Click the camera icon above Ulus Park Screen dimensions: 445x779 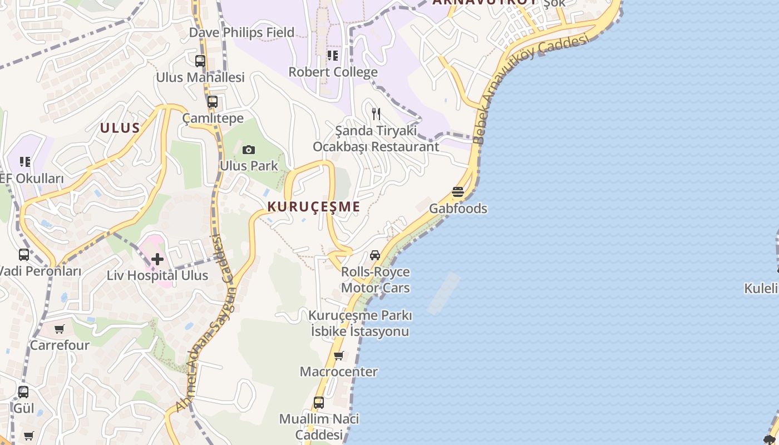[249, 150]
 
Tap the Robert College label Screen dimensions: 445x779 [333, 72]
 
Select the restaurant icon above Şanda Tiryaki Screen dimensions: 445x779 [376, 114]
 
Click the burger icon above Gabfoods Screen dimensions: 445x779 [458, 192]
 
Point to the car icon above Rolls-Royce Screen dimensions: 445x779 [375, 255]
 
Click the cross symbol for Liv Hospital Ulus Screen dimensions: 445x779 [157, 259]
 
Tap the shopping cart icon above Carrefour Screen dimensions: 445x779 [60, 329]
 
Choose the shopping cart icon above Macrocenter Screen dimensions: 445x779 [338, 355]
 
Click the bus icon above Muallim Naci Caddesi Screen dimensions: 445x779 [319, 402]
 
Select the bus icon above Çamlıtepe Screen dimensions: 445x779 [213, 102]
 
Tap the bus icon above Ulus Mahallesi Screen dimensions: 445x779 [200, 61]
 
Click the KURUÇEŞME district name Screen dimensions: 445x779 [314, 207]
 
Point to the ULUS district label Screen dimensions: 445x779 [120, 128]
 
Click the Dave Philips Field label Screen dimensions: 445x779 [241, 33]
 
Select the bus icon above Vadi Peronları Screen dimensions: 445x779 [24, 255]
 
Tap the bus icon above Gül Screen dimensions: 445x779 [23, 392]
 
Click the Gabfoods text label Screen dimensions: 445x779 [458, 209]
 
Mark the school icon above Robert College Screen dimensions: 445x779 [333, 55]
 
